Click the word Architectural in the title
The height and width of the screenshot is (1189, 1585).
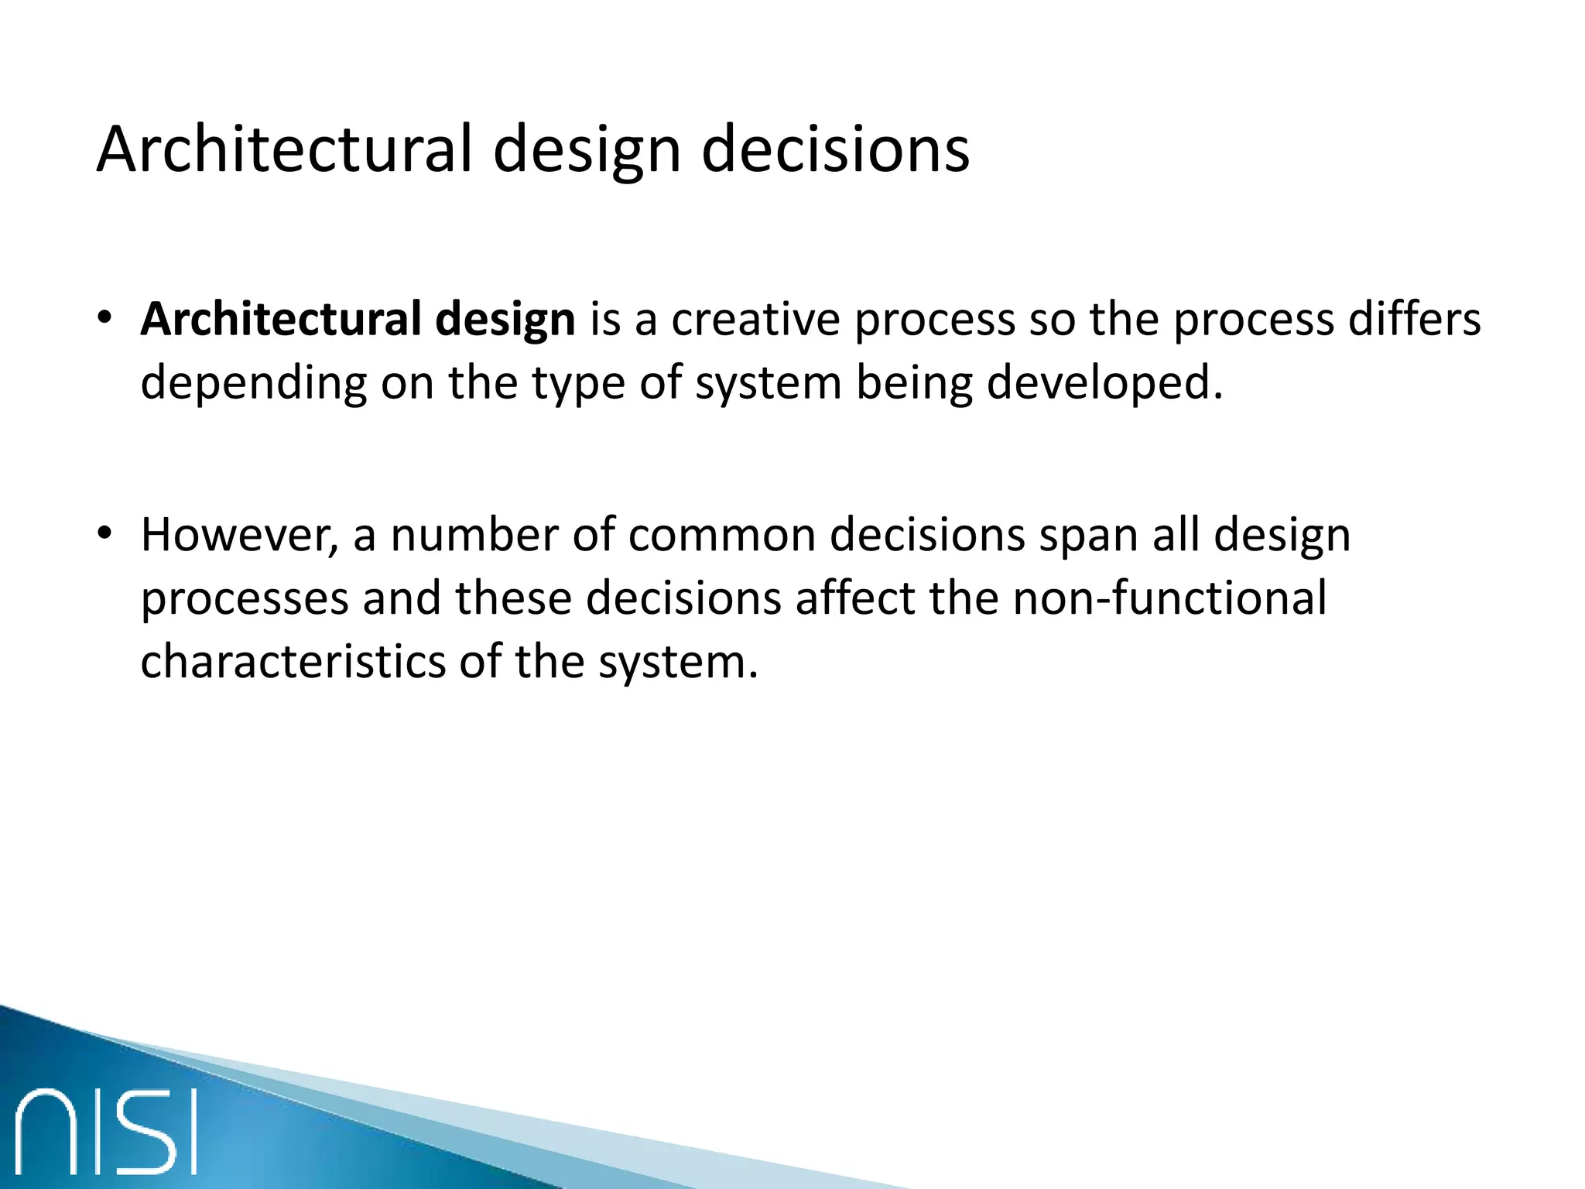point(283,149)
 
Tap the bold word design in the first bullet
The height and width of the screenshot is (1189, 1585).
point(505,320)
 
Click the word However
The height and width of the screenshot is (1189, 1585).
point(239,536)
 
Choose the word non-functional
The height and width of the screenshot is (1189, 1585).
point(1169,598)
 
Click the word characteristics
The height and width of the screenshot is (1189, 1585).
point(293,663)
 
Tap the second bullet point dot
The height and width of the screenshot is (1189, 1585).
point(105,533)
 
